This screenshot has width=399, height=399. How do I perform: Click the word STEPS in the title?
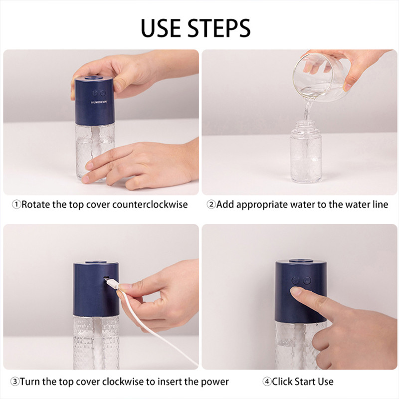click(219, 28)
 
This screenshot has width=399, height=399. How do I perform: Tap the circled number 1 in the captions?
click(16, 204)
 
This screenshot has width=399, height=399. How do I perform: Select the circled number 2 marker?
click(211, 204)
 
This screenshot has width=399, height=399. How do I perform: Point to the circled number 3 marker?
click(15, 382)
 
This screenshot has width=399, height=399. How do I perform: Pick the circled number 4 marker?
click(267, 382)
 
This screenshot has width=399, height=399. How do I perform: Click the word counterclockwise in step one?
click(150, 204)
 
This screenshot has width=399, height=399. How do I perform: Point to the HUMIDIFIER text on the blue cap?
click(99, 102)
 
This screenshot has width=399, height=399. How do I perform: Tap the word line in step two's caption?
click(381, 204)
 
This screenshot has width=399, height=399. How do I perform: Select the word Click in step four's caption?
click(282, 382)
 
